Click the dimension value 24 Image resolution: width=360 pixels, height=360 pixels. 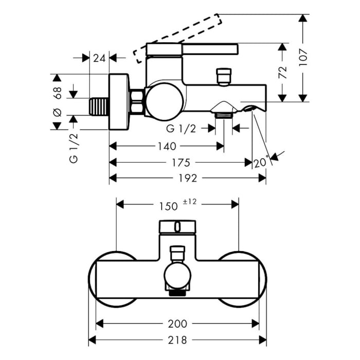(x=100, y=58)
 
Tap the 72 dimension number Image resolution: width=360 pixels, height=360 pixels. (x=281, y=72)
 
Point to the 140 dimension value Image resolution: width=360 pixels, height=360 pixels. (x=166, y=146)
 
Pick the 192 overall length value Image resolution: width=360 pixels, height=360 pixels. (x=188, y=178)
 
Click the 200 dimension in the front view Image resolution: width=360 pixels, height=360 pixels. (x=177, y=323)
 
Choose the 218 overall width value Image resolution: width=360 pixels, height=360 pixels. (x=177, y=340)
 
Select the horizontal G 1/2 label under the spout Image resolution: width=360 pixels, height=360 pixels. (x=181, y=128)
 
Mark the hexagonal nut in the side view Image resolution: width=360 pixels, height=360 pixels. (x=136, y=101)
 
